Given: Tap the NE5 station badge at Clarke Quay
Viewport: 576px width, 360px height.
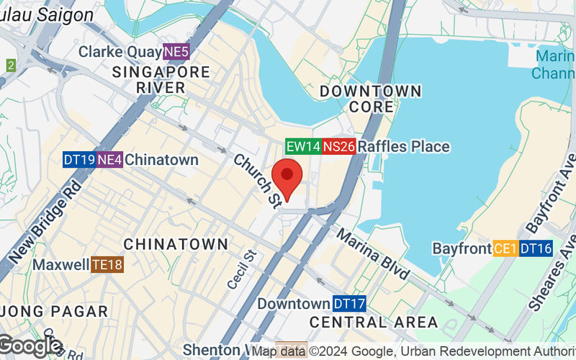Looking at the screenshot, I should point(176,52).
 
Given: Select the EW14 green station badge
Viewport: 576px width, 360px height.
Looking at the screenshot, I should point(302,146).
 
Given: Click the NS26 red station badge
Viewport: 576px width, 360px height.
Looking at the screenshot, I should point(338,146).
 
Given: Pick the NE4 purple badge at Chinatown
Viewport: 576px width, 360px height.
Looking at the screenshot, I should point(109,160).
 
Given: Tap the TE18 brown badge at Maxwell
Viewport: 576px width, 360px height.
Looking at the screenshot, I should point(107,265).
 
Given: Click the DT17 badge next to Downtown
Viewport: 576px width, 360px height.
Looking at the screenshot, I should point(349,304).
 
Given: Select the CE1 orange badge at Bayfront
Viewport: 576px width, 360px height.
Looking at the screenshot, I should point(505,248).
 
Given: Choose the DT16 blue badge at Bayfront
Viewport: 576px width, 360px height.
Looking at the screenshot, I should point(536,248).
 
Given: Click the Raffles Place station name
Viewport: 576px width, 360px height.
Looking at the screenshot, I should point(403,147).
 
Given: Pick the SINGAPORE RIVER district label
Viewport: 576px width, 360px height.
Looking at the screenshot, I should point(161,79).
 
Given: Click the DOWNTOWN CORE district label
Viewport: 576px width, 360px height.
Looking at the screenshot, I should point(371,99).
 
